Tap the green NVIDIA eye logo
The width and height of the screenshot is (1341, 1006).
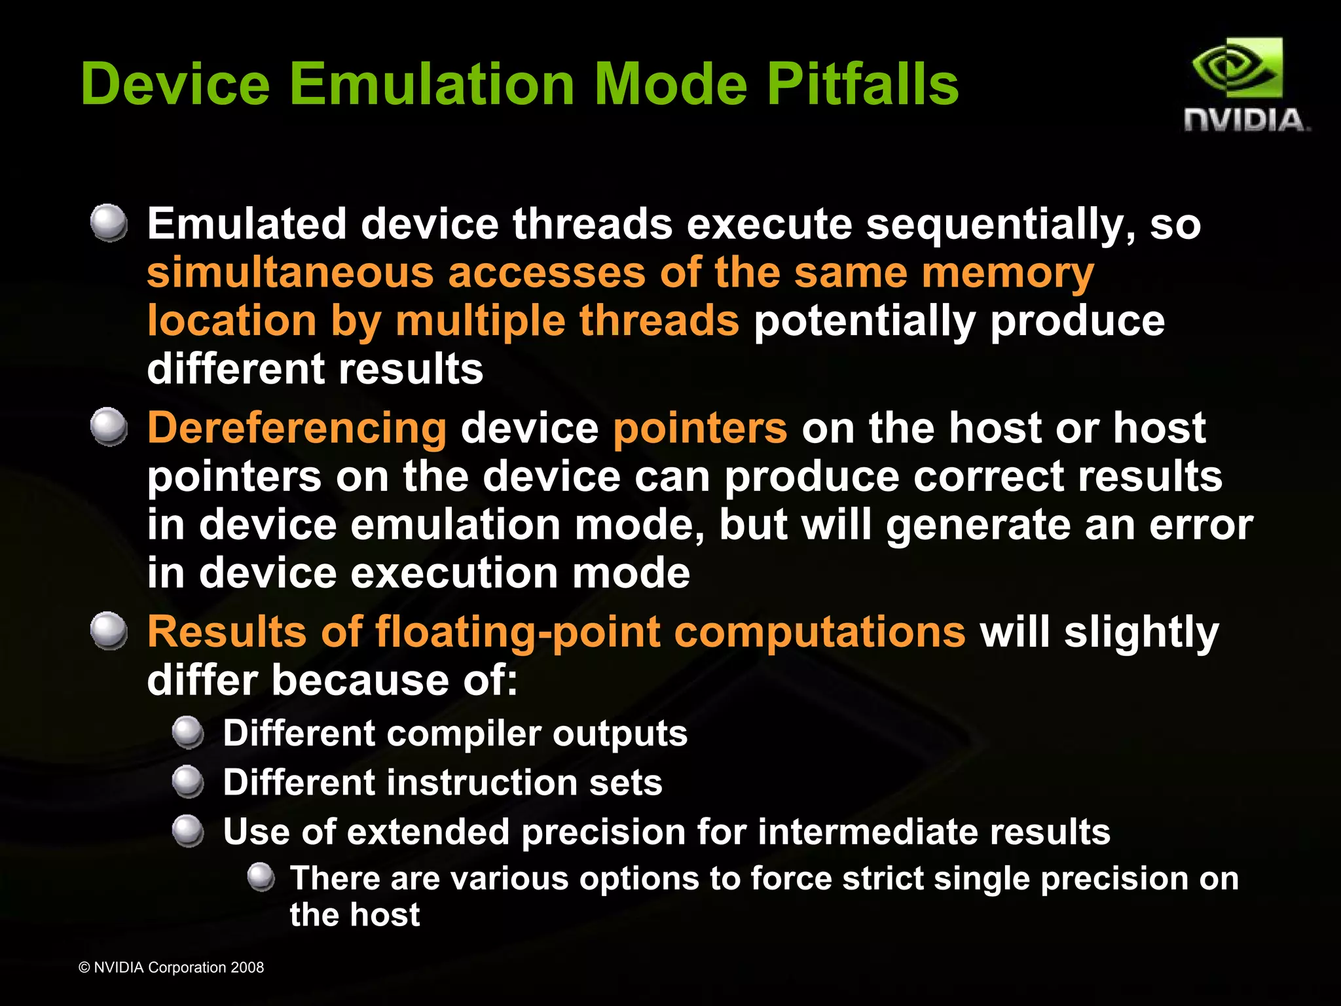point(1236,68)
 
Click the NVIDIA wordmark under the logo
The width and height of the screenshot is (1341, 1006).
point(1246,120)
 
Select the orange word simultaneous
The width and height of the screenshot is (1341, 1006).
point(290,272)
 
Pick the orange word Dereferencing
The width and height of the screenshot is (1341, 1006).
point(297,429)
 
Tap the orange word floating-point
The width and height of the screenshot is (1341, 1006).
point(517,633)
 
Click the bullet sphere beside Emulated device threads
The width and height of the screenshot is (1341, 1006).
point(109,223)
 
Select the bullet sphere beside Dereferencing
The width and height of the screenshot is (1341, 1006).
point(109,427)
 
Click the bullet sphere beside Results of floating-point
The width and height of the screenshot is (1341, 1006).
point(109,631)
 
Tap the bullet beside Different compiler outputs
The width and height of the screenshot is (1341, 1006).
point(189,732)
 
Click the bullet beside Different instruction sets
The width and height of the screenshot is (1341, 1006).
point(189,781)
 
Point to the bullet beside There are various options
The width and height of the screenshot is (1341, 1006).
point(261,877)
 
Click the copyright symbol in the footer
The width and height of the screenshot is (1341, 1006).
point(84,967)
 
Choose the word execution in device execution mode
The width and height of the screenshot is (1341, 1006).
point(454,573)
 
